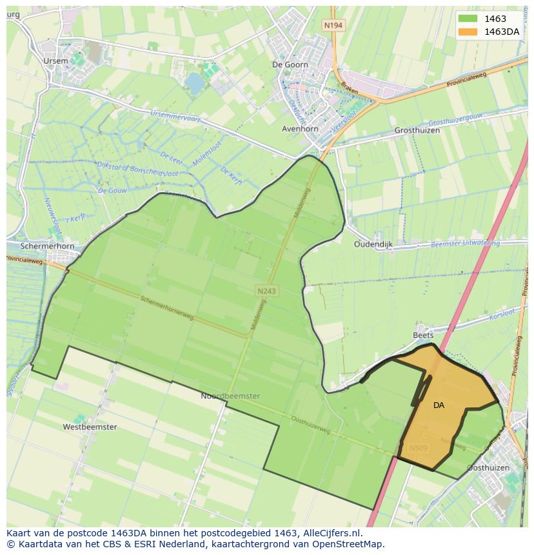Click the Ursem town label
coord(55,61)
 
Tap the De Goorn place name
coord(291,64)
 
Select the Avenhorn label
coord(301,129)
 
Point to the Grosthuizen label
coord(417,130)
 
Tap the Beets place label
coord(423,335)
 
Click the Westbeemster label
coord(90,427)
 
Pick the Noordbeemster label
coord(230,396)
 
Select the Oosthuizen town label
coord(488,467)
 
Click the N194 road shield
coord(333,25)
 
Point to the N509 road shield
coord(418,448)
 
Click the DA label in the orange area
coord(439,405)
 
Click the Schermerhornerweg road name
coord(166,308)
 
